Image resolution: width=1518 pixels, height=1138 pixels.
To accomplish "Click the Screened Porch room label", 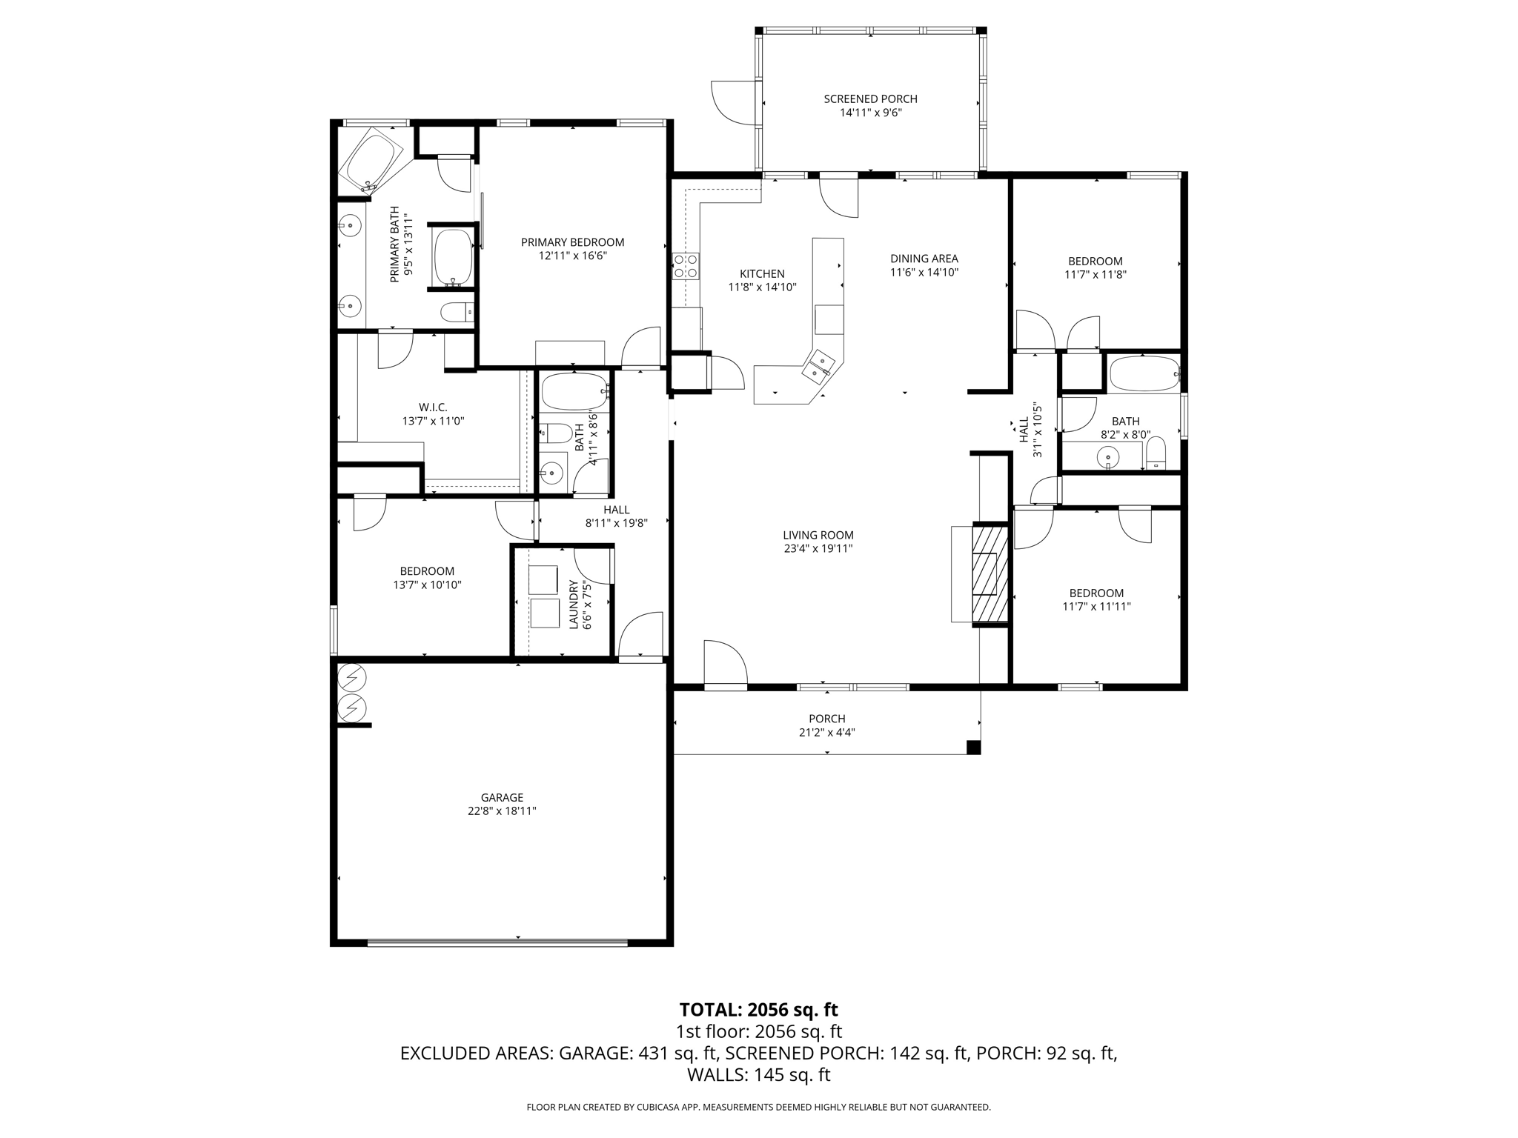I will pyautogui.click(x=870, y=99).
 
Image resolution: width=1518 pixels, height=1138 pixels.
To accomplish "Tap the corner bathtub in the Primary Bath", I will pyautogui.click(x=371, y=159).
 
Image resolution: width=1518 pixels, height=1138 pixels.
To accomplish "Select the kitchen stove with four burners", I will pyautogui.click(x=686, y=266).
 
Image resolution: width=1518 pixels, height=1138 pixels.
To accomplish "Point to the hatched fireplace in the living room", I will pyautogui.click(x=990, y=573).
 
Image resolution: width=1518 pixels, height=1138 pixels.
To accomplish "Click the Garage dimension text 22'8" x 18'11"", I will pyautogui.click(x=502, y=811).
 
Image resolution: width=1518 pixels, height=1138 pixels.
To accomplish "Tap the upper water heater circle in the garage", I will pyautogui.click(x=352, y=677).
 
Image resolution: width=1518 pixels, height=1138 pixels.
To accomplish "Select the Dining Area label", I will pyautogui.click(x=924, y=259).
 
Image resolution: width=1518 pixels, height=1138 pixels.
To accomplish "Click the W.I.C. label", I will pyautogui.click(x=433, y=407).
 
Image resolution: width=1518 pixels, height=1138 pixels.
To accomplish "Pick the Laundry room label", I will pyautogui.click(x=573, y=605).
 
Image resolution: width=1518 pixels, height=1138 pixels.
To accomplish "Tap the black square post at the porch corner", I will pyautogui.click(x=973, y=747).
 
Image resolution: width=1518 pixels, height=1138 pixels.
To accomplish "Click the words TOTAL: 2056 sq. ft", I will pyautogui.click(x=758, y=1009).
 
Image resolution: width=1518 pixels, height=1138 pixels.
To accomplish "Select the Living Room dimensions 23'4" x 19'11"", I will pyautogui.click(x=818, y=549).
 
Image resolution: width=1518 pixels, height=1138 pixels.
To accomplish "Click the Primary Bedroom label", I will pyautogui.click(x=572, y=242).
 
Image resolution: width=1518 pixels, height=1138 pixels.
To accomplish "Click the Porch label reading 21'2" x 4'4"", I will pyautogui.click(x=826, y=732).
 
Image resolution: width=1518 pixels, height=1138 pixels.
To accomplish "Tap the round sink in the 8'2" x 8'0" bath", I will pyautogui.click(x=1108, y=457).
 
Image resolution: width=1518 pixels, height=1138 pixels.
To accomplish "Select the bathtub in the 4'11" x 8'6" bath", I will pyautogui.click(x=574, y=390).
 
